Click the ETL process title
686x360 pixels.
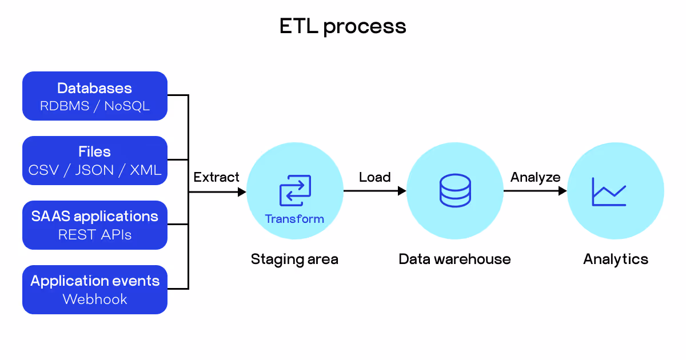[342, 27]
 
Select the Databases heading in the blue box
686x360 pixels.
[95, 88]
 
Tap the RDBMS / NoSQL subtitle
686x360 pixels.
[95, 106]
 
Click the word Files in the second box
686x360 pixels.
[95, 151]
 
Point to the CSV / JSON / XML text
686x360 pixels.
[95, 170]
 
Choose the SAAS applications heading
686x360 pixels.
[95, 217]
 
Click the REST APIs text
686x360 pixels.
[95, 235]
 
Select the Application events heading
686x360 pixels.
[95, 281]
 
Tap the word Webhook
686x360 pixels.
[95, 299]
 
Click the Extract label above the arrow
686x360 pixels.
[216, 177]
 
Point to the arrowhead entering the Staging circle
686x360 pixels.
[242, 192]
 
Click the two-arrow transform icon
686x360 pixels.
[295, 190]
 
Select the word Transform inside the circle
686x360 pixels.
[294, 219]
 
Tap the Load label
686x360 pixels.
[375, 177]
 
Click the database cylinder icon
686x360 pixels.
[455, 190]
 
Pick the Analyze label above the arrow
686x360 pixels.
[535, 177]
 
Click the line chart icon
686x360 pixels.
[609, 191]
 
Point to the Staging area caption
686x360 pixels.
[294, 259]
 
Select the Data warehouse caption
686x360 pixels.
[455, 259]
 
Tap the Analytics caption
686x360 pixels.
[616, 259]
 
